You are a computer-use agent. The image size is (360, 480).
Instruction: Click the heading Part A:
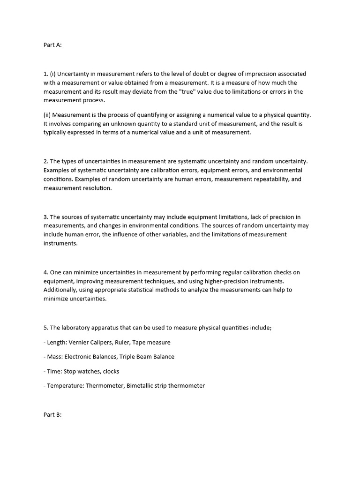pos(52,45)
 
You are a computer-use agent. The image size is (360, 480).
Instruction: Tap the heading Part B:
pos(52,415)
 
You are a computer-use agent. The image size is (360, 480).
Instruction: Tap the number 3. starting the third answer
pos(46,217)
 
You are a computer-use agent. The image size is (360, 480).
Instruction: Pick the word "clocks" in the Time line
pos(111,371)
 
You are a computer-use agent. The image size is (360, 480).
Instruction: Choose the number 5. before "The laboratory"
pos(46,328)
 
